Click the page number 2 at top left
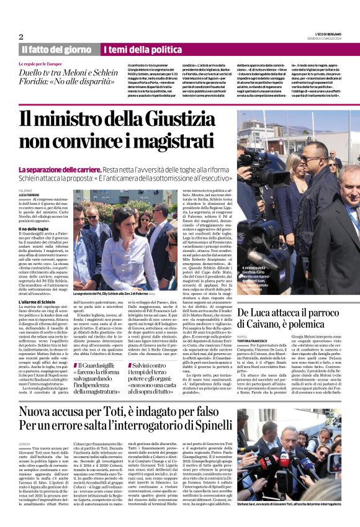tap(20, 36)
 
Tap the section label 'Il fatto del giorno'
tap(56, 49)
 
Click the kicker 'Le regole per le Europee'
tap(40, 63)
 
